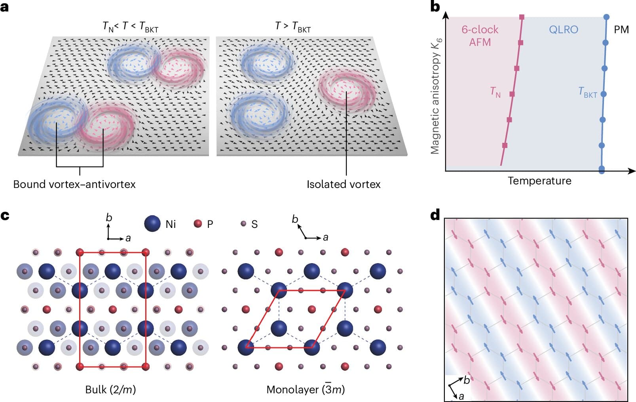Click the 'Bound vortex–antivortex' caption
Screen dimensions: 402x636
click(x=74, y=184)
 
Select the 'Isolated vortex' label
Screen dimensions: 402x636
click(x=343, y=184)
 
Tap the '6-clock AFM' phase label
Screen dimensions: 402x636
click(x=480, y=36)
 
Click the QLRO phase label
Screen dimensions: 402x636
click(x=563, y=30)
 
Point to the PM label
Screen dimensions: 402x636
click(x=621, y=30)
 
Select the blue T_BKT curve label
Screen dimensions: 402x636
click(x=587, y=93)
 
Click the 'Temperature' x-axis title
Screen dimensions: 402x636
click(x=539, y=181)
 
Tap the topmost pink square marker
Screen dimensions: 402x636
click(x=522, y=17)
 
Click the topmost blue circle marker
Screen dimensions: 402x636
click(x=606, y=17)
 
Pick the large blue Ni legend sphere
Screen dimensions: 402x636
click(x=152, y=224)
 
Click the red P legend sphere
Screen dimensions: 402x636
click(x=197, y=224)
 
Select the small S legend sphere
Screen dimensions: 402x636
click(x=243, y=224)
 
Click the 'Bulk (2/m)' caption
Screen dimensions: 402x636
click(x=110, y=390)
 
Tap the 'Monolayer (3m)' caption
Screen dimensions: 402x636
click(x=306, y=390)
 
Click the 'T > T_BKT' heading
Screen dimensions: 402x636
click(x=293, y=27)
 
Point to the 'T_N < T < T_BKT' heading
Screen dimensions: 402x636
click(x=130, y=27)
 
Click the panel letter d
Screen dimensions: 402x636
click(x=435, y=215)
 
